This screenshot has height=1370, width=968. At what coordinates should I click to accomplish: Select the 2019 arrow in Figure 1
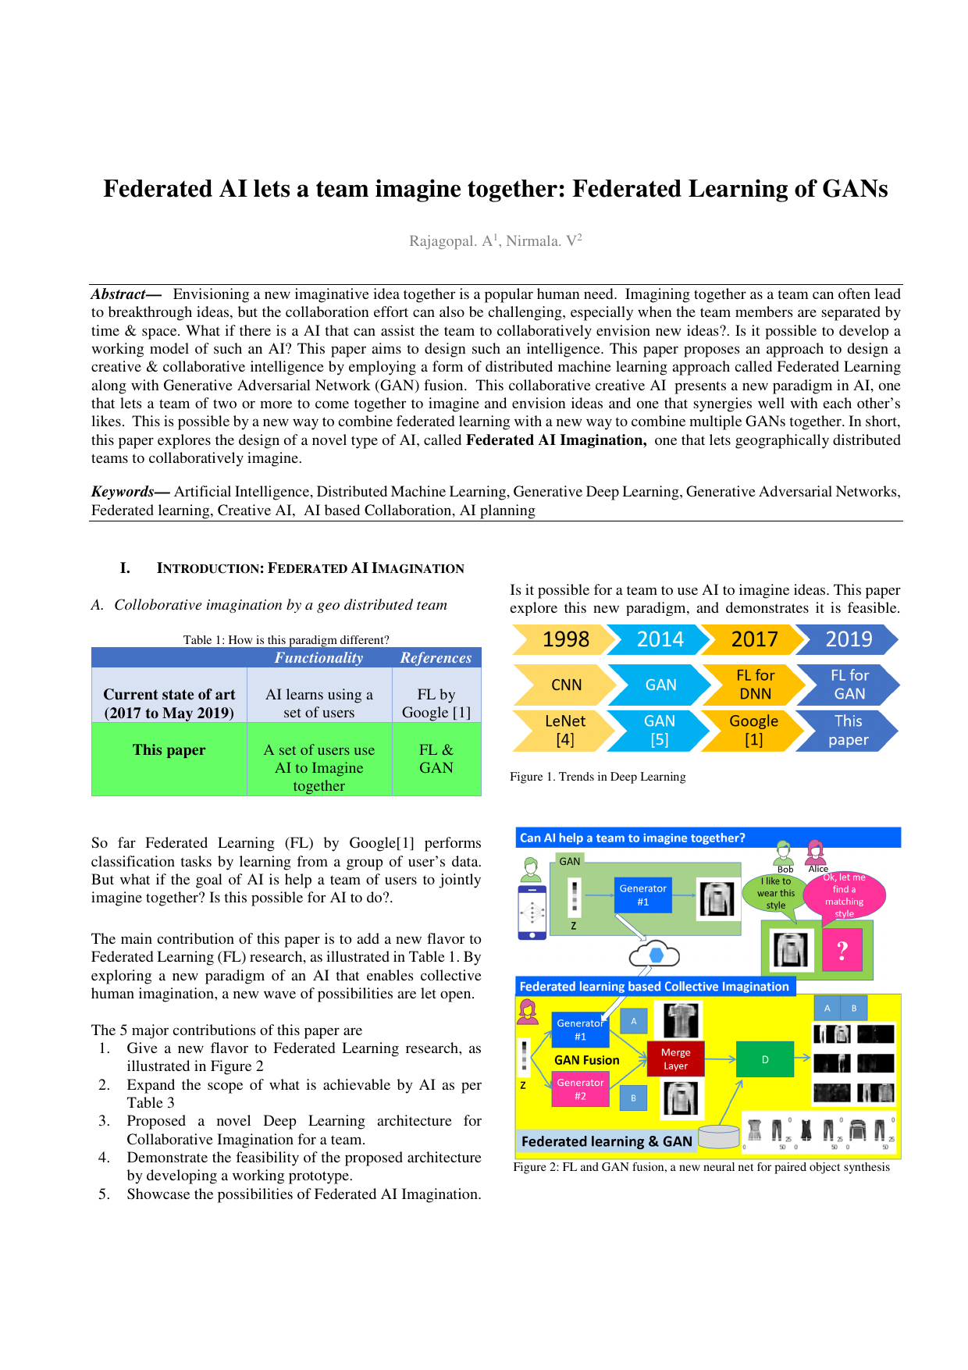click(848, 639)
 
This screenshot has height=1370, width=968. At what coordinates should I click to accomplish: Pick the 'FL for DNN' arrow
click(754, 685)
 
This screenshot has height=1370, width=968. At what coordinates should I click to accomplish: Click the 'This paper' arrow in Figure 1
click(848, 730)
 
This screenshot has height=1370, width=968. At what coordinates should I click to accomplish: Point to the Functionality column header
click(319, 658)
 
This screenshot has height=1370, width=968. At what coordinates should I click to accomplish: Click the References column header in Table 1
click(436, 658)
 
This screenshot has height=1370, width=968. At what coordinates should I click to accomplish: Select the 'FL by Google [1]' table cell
click(436, 703)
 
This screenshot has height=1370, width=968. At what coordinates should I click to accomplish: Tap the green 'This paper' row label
click(169, 750)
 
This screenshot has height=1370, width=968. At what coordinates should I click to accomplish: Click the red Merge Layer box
click(675, 1059)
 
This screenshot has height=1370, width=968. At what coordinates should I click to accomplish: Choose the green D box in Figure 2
click(765, 1059)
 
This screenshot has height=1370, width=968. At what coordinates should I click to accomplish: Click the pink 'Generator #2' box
click(580, 1089)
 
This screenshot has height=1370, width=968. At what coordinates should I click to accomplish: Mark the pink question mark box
click(842, 950)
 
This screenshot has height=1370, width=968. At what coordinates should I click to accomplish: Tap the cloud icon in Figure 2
click(654, 955)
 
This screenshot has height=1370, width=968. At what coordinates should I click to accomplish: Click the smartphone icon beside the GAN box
click(532, 912)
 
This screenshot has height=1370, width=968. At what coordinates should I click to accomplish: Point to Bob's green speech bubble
click(775, 893)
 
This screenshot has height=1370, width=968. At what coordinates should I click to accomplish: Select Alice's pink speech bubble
click(845, 895)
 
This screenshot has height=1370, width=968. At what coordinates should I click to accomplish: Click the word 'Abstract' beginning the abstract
click(119, 294)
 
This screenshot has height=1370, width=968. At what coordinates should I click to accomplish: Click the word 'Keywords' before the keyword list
click(123, 492)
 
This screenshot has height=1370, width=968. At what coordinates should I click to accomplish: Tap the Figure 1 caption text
click(597, 777)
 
